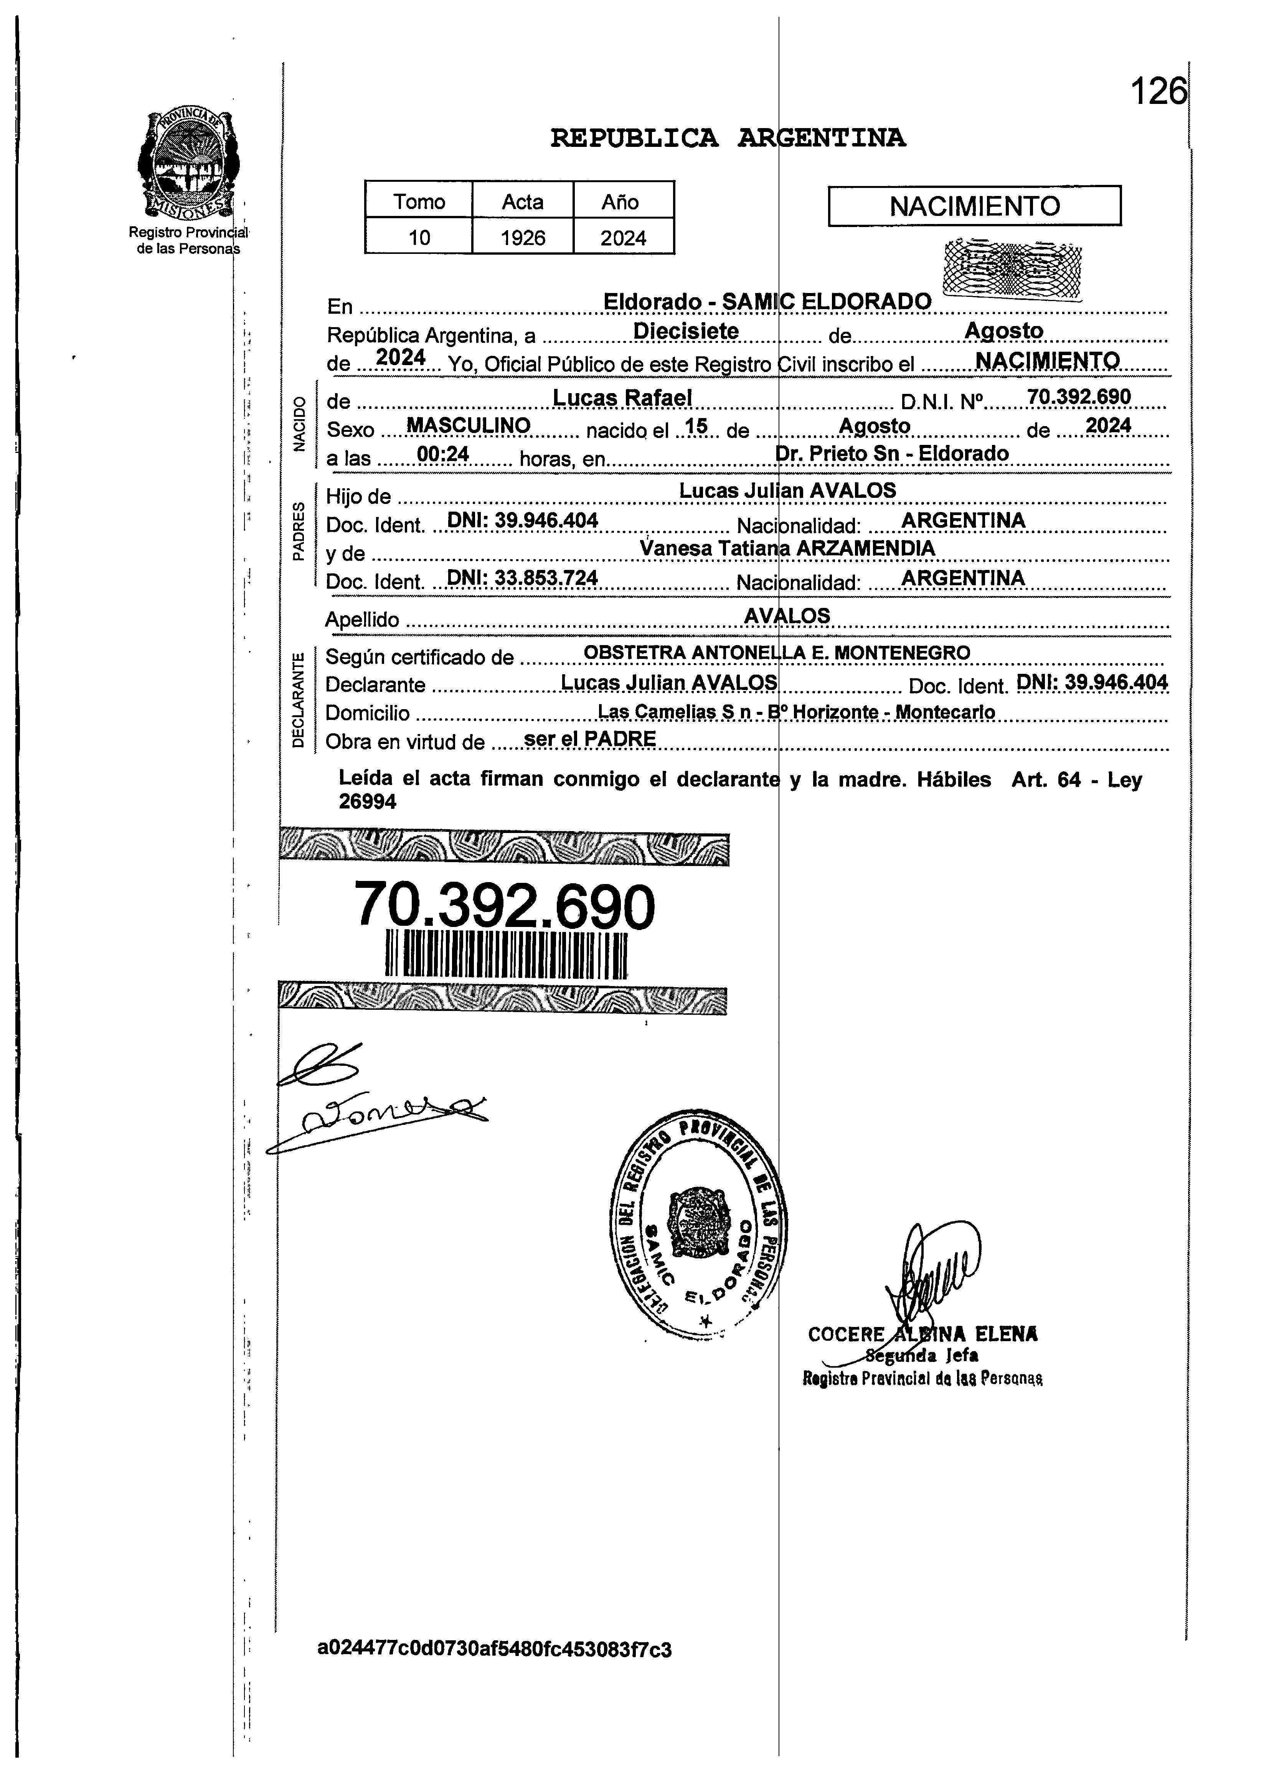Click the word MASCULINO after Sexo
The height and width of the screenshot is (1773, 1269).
469,426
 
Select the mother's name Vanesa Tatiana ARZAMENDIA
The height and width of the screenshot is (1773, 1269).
787,548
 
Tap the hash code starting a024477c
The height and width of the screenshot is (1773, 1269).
494,1650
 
